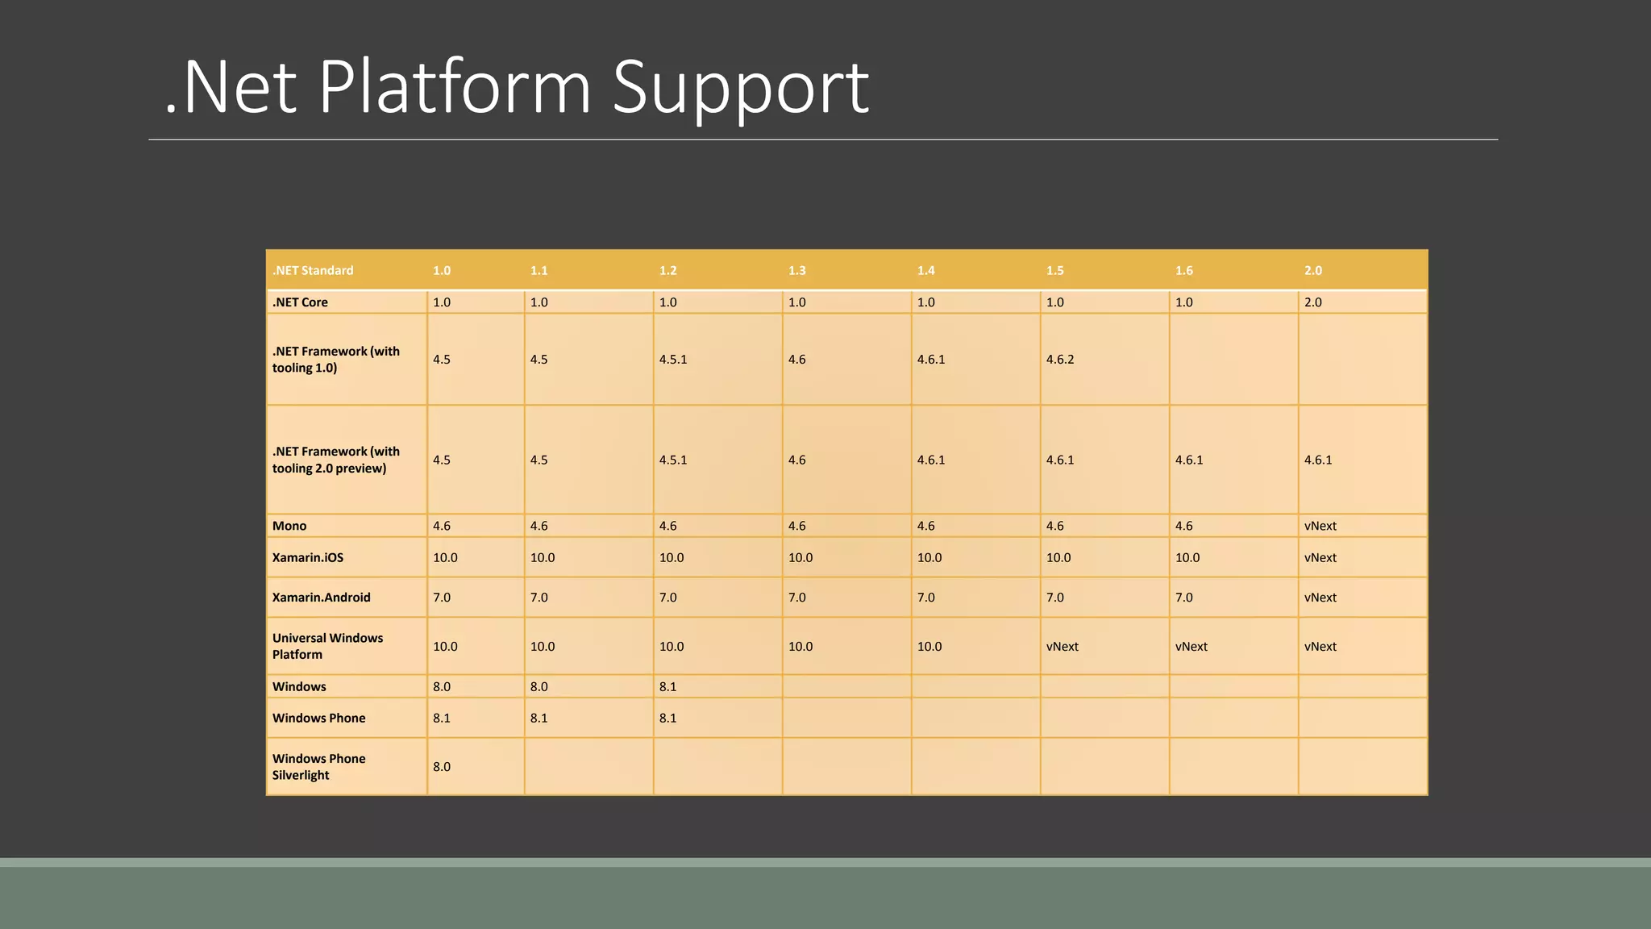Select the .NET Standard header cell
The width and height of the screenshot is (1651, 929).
coord(313,271)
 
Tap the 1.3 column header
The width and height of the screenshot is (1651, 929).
coord(796,271)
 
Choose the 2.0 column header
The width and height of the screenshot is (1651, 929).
coord(1312,271)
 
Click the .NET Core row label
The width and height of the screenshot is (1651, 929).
coord(300,302)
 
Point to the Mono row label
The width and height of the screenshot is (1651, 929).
coord(289,526)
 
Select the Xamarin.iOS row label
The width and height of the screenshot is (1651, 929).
coord(308,558)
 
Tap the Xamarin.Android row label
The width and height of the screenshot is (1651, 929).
coord(322,598)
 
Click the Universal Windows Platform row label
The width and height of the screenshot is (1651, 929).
coord(327,646)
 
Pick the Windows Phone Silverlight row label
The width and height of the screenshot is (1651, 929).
coord(318,767)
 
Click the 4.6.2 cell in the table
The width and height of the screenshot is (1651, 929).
coord(1060,360)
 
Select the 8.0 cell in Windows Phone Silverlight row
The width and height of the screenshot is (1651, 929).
coord(442,767)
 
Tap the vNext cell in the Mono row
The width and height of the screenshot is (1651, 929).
coord(1320,526)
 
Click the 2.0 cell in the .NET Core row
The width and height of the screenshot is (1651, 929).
coord(1312,302)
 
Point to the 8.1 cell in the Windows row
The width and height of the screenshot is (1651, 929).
coord(667,687)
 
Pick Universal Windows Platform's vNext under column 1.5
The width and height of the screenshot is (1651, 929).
coord(1062,647)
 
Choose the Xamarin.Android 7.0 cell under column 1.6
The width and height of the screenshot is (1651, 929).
coord(1183,598)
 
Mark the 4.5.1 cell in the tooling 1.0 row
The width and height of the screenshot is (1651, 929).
coord(673,360)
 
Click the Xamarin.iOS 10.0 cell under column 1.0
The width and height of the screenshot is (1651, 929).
coord(445,558)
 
